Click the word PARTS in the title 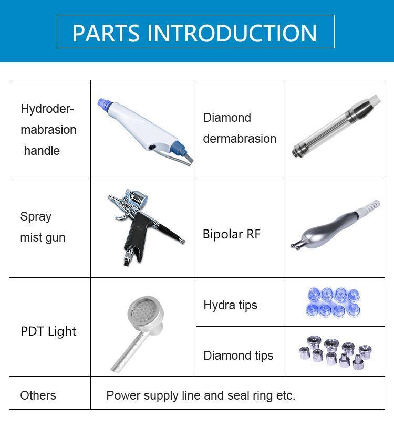[107, 33]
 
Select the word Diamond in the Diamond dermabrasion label [227, 118]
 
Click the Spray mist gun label [43, 227]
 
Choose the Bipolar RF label [231, 234]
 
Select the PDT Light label [48, 331]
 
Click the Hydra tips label [230, 305]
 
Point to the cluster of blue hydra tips [333, 301]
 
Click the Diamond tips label [238, 356]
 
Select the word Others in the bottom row [38, 395]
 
